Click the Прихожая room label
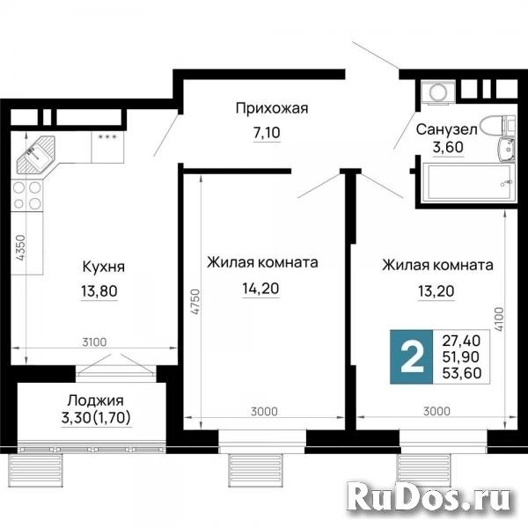272,109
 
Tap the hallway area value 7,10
267,133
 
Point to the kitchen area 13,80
99,290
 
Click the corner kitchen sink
36,154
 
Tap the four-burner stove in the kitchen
27,195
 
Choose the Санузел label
446,129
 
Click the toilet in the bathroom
497,125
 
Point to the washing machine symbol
437,92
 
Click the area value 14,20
260,289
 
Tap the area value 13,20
436,291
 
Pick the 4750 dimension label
195,301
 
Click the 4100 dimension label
499,319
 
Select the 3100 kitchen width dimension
95,342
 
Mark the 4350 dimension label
20,248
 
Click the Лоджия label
96,400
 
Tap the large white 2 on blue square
411,357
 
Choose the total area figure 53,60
461,373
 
